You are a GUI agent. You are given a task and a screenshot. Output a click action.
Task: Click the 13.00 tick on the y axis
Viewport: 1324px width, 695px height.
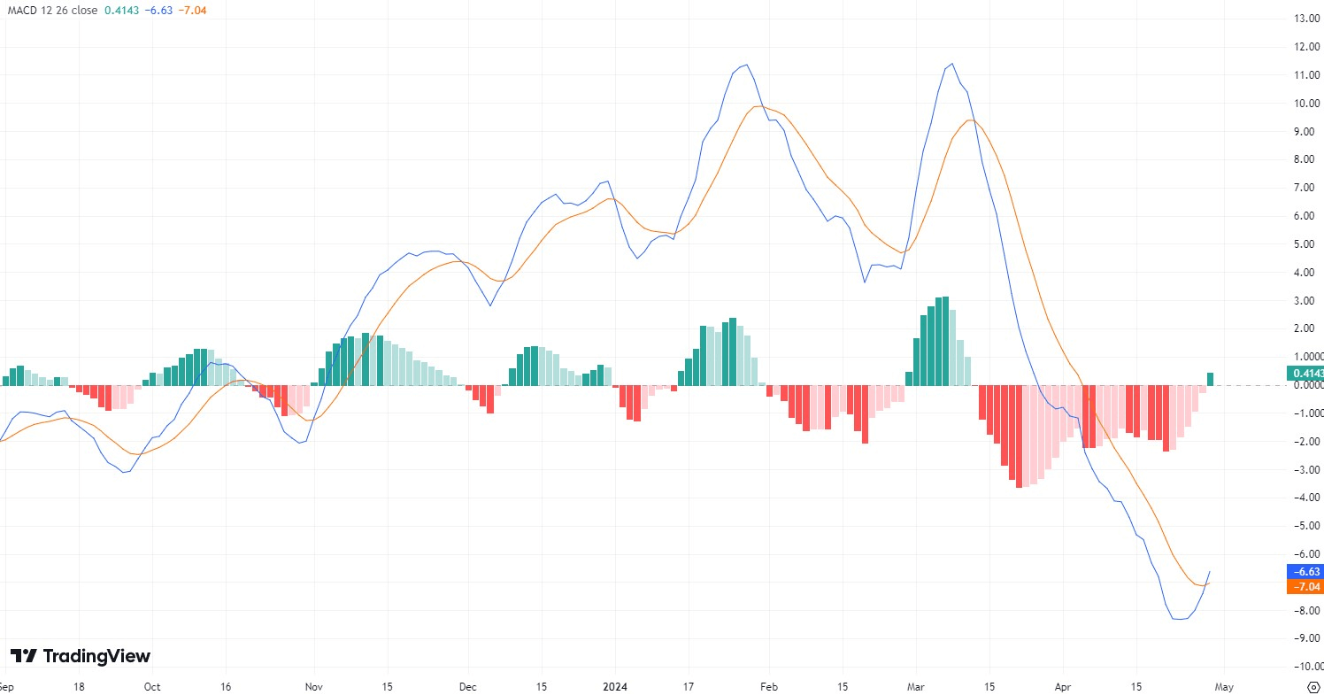point(1308,19)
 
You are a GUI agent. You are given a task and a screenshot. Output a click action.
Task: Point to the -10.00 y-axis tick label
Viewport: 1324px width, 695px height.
point(1305,666)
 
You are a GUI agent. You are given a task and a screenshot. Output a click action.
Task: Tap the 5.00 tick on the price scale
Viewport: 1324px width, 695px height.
point(1308,243)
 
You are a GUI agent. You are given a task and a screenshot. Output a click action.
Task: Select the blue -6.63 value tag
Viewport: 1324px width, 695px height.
point(1305,572)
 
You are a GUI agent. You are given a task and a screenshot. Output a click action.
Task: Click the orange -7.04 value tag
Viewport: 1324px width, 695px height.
point(1305,587)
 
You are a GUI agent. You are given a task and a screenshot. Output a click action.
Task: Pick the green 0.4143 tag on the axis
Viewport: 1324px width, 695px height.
point(1305,373)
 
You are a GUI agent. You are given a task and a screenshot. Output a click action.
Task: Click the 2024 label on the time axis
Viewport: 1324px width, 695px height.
point(615,686)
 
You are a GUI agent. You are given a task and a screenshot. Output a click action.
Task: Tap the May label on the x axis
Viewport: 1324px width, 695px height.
point(1223,686)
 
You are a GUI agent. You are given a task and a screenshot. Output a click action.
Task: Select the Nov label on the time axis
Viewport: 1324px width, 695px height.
point(314,686)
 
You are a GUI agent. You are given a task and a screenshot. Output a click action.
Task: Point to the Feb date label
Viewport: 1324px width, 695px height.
point(768,686)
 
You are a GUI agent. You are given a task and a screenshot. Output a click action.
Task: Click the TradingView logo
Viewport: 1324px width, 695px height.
point(81,656)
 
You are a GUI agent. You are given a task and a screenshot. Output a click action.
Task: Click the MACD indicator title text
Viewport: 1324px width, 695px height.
point(52,10)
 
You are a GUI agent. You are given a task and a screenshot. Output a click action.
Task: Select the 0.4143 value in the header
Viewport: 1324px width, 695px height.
point(121,10)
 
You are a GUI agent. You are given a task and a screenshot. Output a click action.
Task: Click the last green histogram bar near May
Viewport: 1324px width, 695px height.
point(1210,379)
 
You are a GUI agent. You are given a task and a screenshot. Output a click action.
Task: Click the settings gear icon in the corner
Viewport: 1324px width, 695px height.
point(1313,686)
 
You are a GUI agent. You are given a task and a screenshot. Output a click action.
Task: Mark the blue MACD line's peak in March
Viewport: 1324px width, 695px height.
point(951,64)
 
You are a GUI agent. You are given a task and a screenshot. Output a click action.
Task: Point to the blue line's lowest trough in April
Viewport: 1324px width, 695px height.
point(1179,619)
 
